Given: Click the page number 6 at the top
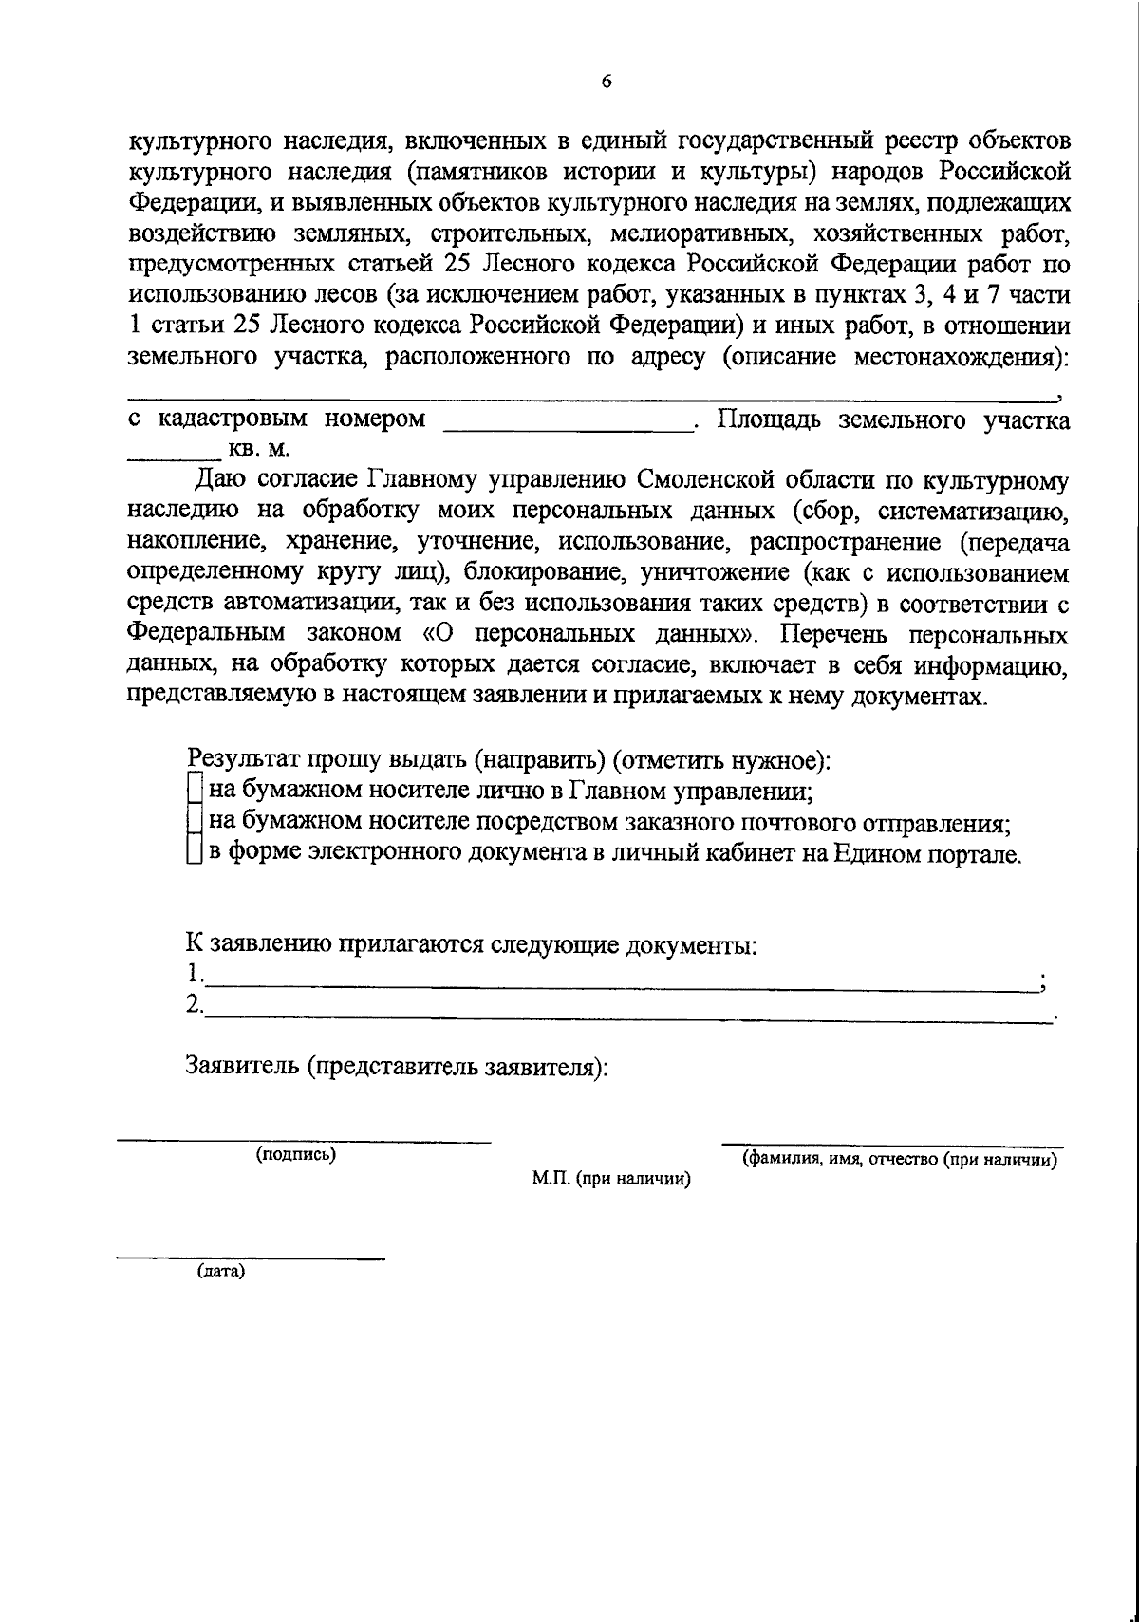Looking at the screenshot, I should click(x=607, y=82).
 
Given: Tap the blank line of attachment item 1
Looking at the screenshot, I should click(x=621, y=987).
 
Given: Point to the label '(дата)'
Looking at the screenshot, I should click(x=221, y=1273).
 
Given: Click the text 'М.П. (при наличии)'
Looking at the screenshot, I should click(x=610, y=1180).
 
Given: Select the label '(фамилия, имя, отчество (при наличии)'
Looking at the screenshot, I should click(x=900, y=1160).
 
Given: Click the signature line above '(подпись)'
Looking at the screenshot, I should click(x=304, y=1140).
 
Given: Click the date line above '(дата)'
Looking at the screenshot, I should click(x=250, y=1258).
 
